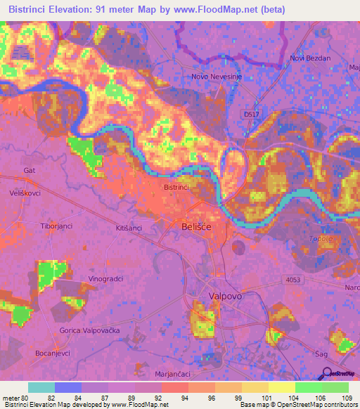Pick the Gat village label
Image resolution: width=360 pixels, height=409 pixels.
[x=29, y=170]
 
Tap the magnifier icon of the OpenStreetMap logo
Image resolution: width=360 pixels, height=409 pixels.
[x=324, y=373]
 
